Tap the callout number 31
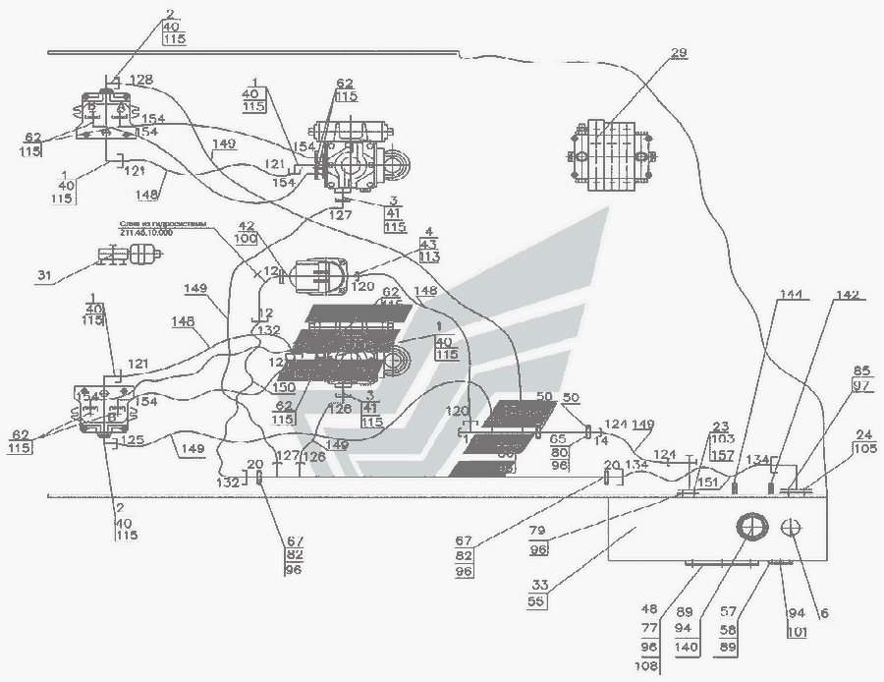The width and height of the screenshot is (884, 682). [x=44, y=276]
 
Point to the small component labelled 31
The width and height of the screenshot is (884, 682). [x=131, y=258]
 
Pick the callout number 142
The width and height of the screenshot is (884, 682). [x=846, y=295]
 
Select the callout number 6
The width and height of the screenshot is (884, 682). [x=824, y=612]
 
